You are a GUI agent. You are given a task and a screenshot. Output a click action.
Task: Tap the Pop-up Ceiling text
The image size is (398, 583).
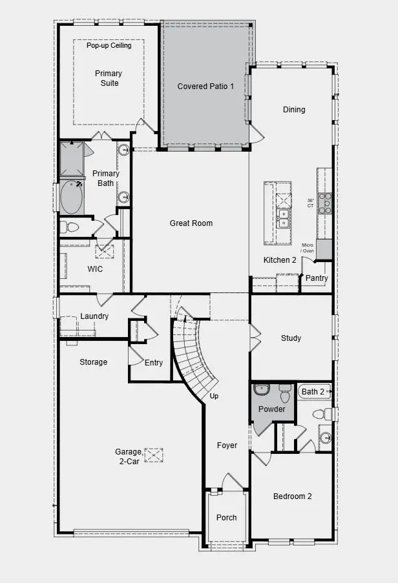109,46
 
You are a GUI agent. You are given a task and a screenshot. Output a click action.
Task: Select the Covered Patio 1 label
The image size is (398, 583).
205,87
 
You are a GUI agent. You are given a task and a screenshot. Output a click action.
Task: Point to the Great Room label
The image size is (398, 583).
191,223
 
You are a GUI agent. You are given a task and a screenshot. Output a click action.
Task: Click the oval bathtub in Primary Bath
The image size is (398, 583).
72,197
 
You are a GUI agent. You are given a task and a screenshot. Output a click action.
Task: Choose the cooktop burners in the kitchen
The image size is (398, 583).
325,203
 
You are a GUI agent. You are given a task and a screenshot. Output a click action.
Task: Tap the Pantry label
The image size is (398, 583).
317,278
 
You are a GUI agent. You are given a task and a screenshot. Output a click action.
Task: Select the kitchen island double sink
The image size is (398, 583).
282,218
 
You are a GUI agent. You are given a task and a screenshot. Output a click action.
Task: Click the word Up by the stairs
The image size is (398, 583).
214,396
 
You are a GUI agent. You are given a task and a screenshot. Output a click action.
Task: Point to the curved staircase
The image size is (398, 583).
191,355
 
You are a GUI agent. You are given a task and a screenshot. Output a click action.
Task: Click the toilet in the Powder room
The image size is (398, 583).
285,393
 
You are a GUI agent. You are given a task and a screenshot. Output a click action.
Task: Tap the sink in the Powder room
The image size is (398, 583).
262,389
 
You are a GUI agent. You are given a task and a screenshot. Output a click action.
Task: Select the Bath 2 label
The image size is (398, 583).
313,392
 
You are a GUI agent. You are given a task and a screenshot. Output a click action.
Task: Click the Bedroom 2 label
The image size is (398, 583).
292,496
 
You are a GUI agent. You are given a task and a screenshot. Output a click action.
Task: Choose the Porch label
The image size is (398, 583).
226,517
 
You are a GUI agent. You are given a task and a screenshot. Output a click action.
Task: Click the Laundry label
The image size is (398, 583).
94,316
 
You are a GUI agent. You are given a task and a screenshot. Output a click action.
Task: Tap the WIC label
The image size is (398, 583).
95,269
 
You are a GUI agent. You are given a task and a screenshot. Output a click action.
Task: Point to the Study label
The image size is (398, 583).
291,338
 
